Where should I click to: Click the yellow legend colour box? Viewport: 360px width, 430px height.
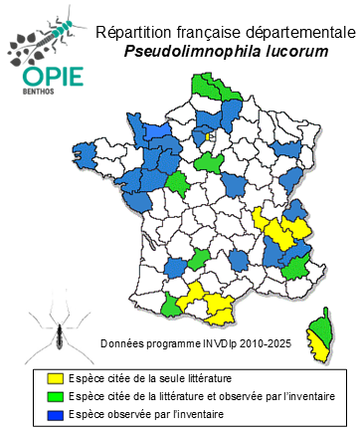click(x=56, y=379)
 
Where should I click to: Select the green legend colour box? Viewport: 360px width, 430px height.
click(x=56, y=396)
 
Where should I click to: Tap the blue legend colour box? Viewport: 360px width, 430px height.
click(x=56, y=413)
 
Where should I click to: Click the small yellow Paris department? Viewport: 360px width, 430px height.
click(x=211, y=137)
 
